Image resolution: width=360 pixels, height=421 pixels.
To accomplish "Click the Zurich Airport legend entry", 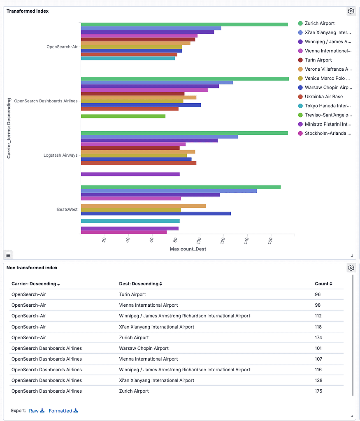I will (x=319, y=23).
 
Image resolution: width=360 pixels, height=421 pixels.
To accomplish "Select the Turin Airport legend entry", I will (x=318, y=60).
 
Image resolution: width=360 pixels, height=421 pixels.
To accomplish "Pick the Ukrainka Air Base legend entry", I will (x=323, y=97).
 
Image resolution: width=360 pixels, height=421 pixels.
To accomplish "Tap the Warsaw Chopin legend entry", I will (x=327, y=88).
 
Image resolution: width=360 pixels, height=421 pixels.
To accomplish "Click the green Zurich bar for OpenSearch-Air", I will (x=184, y=25).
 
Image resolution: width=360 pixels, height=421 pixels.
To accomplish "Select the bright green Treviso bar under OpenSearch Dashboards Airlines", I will (x=123, y=116).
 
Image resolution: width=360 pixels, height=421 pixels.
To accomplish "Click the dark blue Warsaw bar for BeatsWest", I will (x=156, y=213).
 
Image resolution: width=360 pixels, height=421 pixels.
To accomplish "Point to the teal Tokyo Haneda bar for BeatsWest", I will (x=130, y=221).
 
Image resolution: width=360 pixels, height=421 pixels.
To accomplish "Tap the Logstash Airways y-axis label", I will (x=60, y=155).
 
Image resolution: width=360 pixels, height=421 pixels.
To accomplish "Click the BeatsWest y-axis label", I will (x=67, y=210).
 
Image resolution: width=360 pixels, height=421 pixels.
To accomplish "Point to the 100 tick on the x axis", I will (x=200, y=240).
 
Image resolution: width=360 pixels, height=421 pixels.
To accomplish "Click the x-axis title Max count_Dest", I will (x=188, y=249).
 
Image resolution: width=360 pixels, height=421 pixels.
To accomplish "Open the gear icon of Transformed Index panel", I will (x=351, y=12).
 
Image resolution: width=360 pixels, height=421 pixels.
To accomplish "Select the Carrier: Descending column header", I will (x=36, y=284).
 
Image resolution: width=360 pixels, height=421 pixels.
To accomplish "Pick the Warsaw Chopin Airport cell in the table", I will (x=144, y=348).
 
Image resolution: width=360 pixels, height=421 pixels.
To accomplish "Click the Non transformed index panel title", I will (x=32, y=268).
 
